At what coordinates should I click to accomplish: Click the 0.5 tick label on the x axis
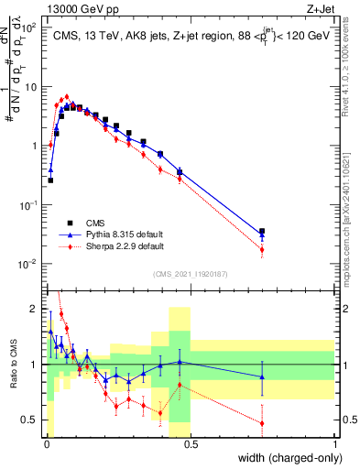pyautogui.click(x=190, y=442)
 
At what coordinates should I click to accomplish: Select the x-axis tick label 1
pyautogui.click(x=335, y=442)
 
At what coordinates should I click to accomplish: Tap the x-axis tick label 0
pyautogui.click(x=46, y=442)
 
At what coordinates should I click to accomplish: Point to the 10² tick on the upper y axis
pyautogui.click(x=29, y=27)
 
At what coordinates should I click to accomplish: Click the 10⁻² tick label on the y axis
pyautogui.click(x=27, y=264)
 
